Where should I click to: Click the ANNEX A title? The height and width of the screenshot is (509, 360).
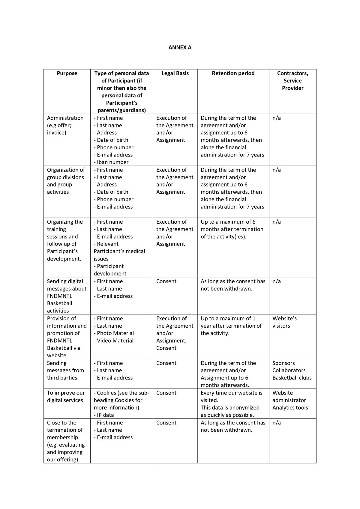(x=180, y=47)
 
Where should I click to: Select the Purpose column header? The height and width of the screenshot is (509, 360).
(x=67, y=73)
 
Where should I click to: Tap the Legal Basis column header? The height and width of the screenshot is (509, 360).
(x=175, y=73)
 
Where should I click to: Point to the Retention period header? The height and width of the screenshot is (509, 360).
(x=233, y=73)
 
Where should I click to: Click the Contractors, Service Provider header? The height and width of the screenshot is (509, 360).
(x=292, y=81)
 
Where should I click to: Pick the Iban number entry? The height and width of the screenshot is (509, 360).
(x=111, y=162)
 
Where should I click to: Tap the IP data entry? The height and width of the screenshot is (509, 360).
(x=104, y=415)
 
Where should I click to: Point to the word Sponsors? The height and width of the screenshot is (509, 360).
(x=283, y=363)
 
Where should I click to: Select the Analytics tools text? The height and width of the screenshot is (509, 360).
(x=290, y=407)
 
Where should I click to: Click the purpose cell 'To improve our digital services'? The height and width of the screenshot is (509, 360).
(x=66, y=396)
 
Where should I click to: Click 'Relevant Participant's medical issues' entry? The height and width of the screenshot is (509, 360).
(x=119, y=251)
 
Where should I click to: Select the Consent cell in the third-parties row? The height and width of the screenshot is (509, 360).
(x=166, y=363)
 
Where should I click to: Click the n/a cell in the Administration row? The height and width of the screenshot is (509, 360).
(x=277, y=118)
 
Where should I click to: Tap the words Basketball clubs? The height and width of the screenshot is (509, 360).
(x=292, y=378)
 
